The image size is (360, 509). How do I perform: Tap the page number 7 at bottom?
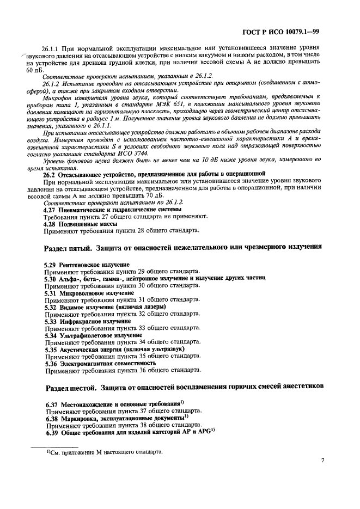[x=322, y=460]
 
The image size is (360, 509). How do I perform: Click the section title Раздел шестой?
[x=71, y=387]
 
